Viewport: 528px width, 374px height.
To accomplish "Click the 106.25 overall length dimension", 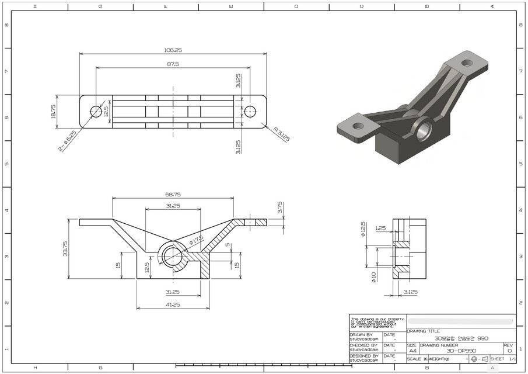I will pos(173,50).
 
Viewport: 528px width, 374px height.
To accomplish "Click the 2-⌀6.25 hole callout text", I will pos(68,141).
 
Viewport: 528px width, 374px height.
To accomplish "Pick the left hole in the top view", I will pos(96,111).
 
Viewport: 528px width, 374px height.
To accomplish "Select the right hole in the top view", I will pos(251,111).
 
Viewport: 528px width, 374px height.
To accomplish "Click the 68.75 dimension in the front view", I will pos(173,194).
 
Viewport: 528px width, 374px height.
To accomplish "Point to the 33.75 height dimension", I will pos(65,248).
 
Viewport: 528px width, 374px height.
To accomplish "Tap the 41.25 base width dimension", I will pos(173,305).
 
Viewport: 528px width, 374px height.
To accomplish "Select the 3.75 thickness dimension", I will pos(280,207).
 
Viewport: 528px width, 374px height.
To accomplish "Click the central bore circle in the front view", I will pos(173,255).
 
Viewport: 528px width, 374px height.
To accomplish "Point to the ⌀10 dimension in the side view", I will pos(373,276).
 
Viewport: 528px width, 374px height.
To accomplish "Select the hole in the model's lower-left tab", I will pos(358,126).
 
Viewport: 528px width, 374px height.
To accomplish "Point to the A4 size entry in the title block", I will pos(412,351).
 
